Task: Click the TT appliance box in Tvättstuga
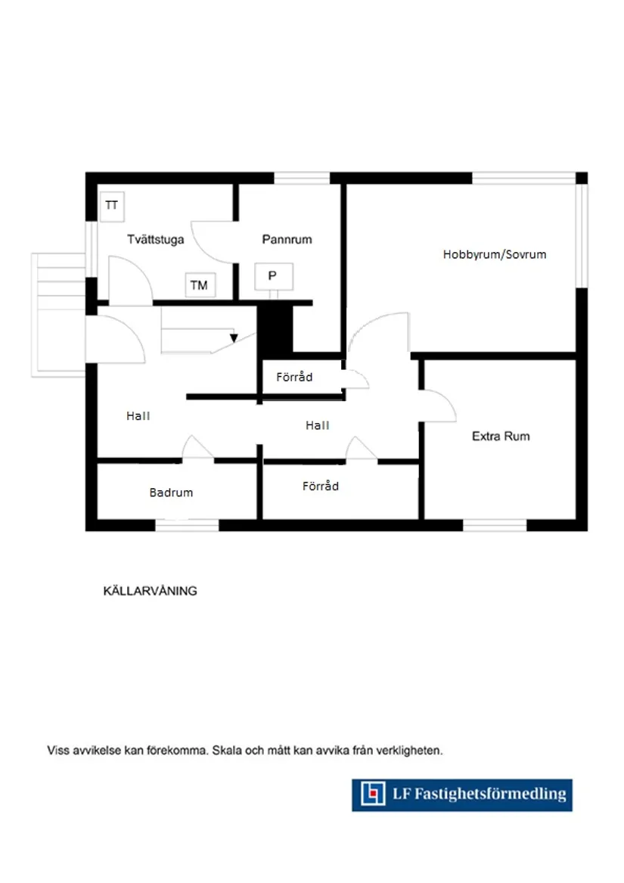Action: [112, 206]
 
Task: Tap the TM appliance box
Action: [199, 285]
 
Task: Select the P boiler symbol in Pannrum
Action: [272, 276]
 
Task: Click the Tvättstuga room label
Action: [155, 238]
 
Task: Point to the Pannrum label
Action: [287, 239]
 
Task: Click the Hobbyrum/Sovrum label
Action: [494, 254]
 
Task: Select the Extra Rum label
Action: [501, 437]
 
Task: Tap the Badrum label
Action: [171, 493]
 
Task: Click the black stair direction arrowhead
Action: [234, 338]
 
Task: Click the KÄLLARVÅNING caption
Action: [150, 591]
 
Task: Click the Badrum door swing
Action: [197, 448]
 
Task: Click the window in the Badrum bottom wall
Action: [187, 524]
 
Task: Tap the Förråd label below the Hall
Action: [321, 487]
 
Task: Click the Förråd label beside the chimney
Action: [294, 376]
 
